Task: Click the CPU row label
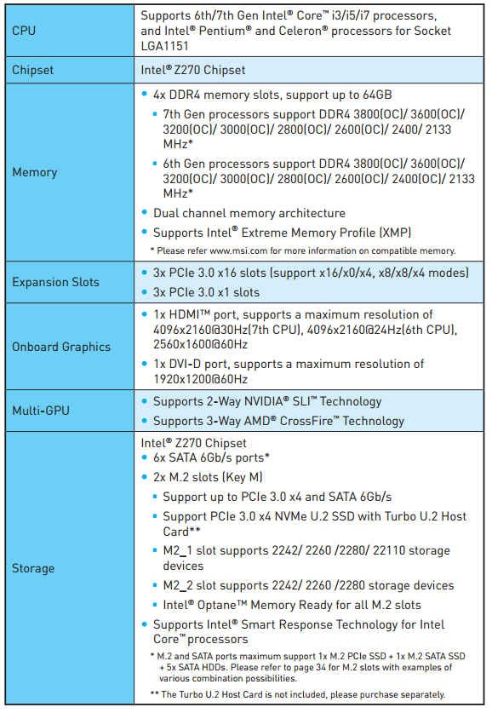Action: click(24, 31)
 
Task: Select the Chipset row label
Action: click(32, 70)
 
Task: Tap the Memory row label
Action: click(35, 172)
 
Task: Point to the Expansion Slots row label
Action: click(55, 282)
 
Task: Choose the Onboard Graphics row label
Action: click(61, 347)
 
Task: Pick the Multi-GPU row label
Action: click(41, 411)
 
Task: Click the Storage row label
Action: click(33, 568)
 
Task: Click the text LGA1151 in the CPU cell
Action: click(164, 46)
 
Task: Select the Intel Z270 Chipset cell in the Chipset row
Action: click(193, 70)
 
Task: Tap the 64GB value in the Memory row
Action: click(377, 95)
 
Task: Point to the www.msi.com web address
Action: click(238, 250)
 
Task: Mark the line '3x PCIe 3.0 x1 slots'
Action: click(206, 292)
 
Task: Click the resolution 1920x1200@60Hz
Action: click(200, 379)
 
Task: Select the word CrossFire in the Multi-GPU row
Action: click(306, 421)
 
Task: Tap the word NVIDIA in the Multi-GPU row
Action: click(264, 401)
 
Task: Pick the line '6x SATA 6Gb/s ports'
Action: click(210, 457)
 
